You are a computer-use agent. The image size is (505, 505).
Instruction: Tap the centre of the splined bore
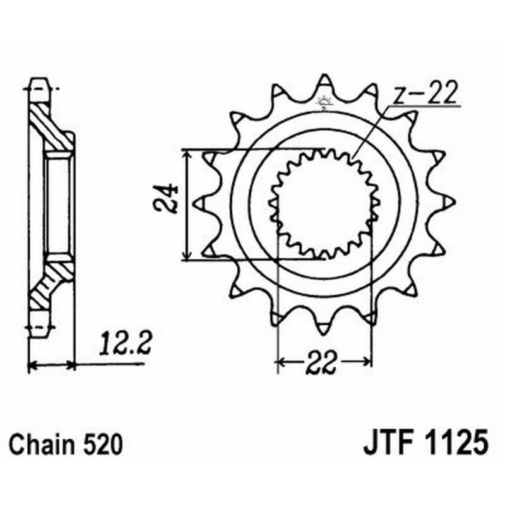[x=324, y=204]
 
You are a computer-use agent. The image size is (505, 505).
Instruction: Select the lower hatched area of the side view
[x=49, y=287]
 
